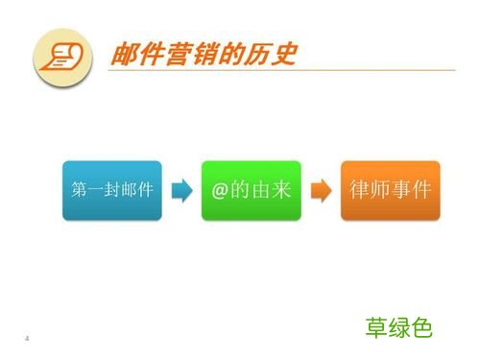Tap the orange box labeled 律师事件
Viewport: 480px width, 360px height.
point(390,189)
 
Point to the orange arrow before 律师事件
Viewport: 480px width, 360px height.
point(322,190)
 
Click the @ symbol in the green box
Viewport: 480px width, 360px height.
point(221,189)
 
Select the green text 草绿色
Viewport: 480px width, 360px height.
point(399,327)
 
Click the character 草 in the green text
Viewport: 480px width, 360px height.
point(376,327)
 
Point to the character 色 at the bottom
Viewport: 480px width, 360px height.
point(422,327)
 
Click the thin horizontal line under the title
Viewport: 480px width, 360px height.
point(288,70)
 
